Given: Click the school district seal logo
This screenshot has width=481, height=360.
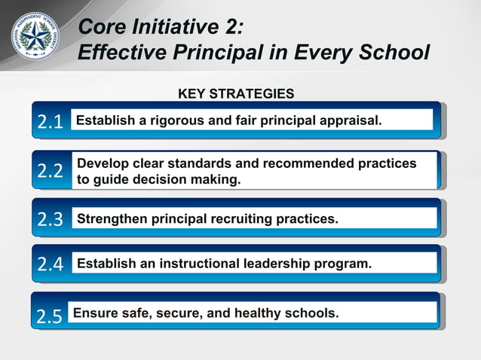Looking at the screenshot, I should (x=35, y=35).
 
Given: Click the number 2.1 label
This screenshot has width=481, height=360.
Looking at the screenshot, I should (x=51, y=122).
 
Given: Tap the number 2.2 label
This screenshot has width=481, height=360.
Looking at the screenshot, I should (x=51, y=171).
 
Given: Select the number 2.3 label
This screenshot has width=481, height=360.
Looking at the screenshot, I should (x=51, y=220).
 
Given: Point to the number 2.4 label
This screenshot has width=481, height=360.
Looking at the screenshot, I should (x=51, y=264).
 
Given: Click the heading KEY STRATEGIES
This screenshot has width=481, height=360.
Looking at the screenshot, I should (x=236, y=94).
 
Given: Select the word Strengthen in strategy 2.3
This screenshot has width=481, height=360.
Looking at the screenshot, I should (x=114, y=220).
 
